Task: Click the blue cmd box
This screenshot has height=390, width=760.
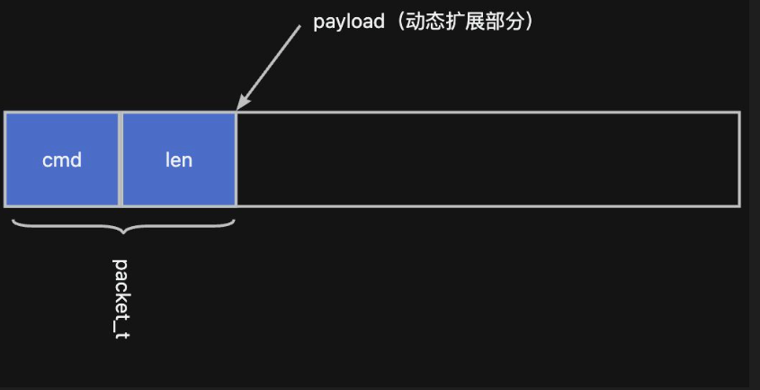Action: coord(62,159)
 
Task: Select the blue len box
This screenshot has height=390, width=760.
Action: coord(179,159)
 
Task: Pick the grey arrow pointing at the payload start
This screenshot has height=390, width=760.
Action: coord(268,68)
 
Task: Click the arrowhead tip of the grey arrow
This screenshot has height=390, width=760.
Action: coord(237,110)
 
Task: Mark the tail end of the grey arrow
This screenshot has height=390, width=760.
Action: coord(300,26)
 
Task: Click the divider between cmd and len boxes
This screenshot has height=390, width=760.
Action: coord(120,159)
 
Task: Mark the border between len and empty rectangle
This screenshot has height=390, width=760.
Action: coord(237,159)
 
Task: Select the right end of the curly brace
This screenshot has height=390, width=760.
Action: coord(236,215)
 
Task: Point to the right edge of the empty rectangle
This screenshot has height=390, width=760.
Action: coord(739,159)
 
